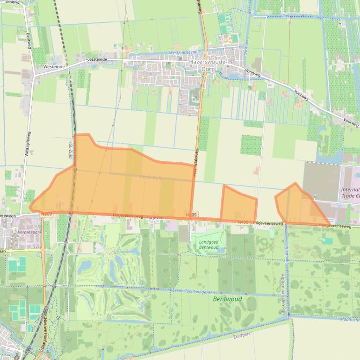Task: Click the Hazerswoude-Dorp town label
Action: pyautogui.click(x=207, y=65)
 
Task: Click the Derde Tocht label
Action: pyautogui.click(x=152, y=177)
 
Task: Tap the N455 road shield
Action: pyautogui.click(x=243, y=223)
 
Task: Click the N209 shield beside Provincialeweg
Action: pyautogui.click(x=191, y=215)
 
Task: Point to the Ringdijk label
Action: pyautogui.click(x=14, y=2)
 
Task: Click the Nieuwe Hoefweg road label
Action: pyautogui.click(x=44, y=335)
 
